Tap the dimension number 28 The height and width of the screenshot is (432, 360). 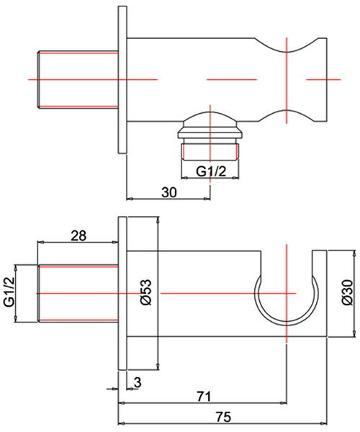click(x=80, y=235)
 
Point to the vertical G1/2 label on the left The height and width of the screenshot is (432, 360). click(x=9, y=292)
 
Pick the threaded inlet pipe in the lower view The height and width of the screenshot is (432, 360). click(x=76, y=294)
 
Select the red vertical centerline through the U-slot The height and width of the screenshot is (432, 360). click(x=287, y=266)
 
